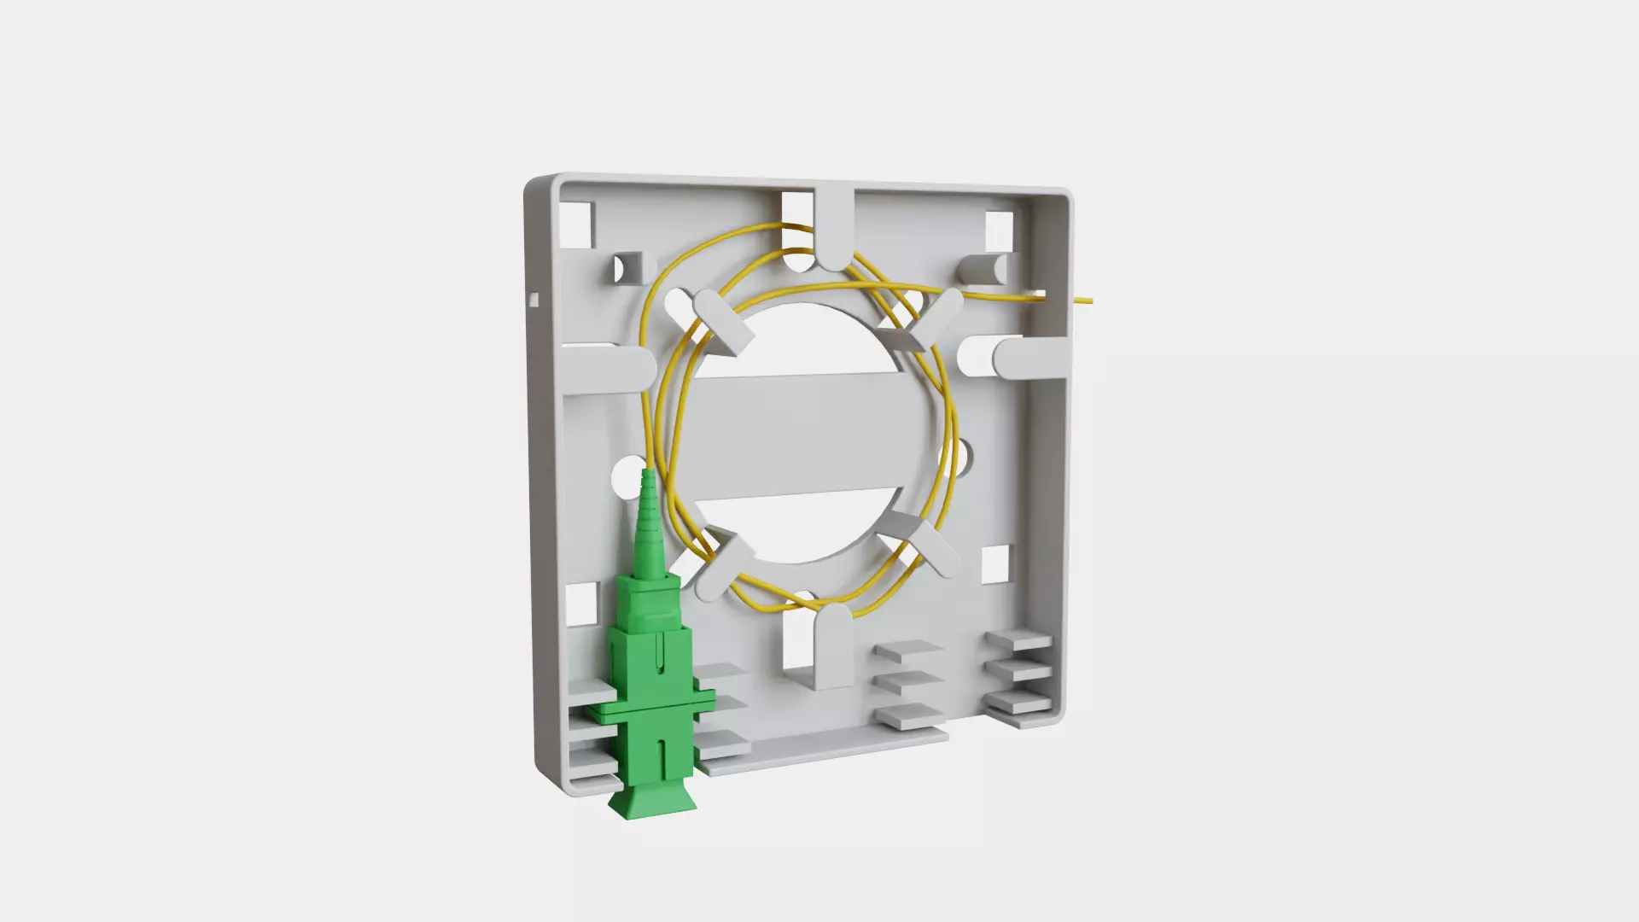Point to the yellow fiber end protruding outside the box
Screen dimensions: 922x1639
1082,300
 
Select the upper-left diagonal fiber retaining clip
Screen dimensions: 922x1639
723,320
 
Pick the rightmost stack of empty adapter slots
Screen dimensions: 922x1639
1019,674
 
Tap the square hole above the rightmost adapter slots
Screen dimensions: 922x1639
994,564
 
